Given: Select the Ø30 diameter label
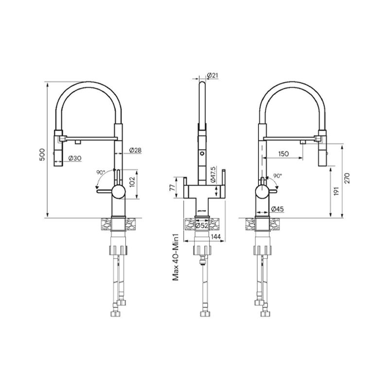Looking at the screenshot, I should click(x=74, y=158).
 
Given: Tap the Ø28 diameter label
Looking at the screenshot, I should click(x=136, y=150).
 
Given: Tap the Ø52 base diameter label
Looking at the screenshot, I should click(x=202, y=225).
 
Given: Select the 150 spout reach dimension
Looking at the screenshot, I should click(x=285, y=154).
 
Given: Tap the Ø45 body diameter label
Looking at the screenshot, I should click(x=277, y=209).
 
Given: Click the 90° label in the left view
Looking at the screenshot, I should click(x=101, y=173).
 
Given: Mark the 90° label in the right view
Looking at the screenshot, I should click(x=277, y=176).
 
